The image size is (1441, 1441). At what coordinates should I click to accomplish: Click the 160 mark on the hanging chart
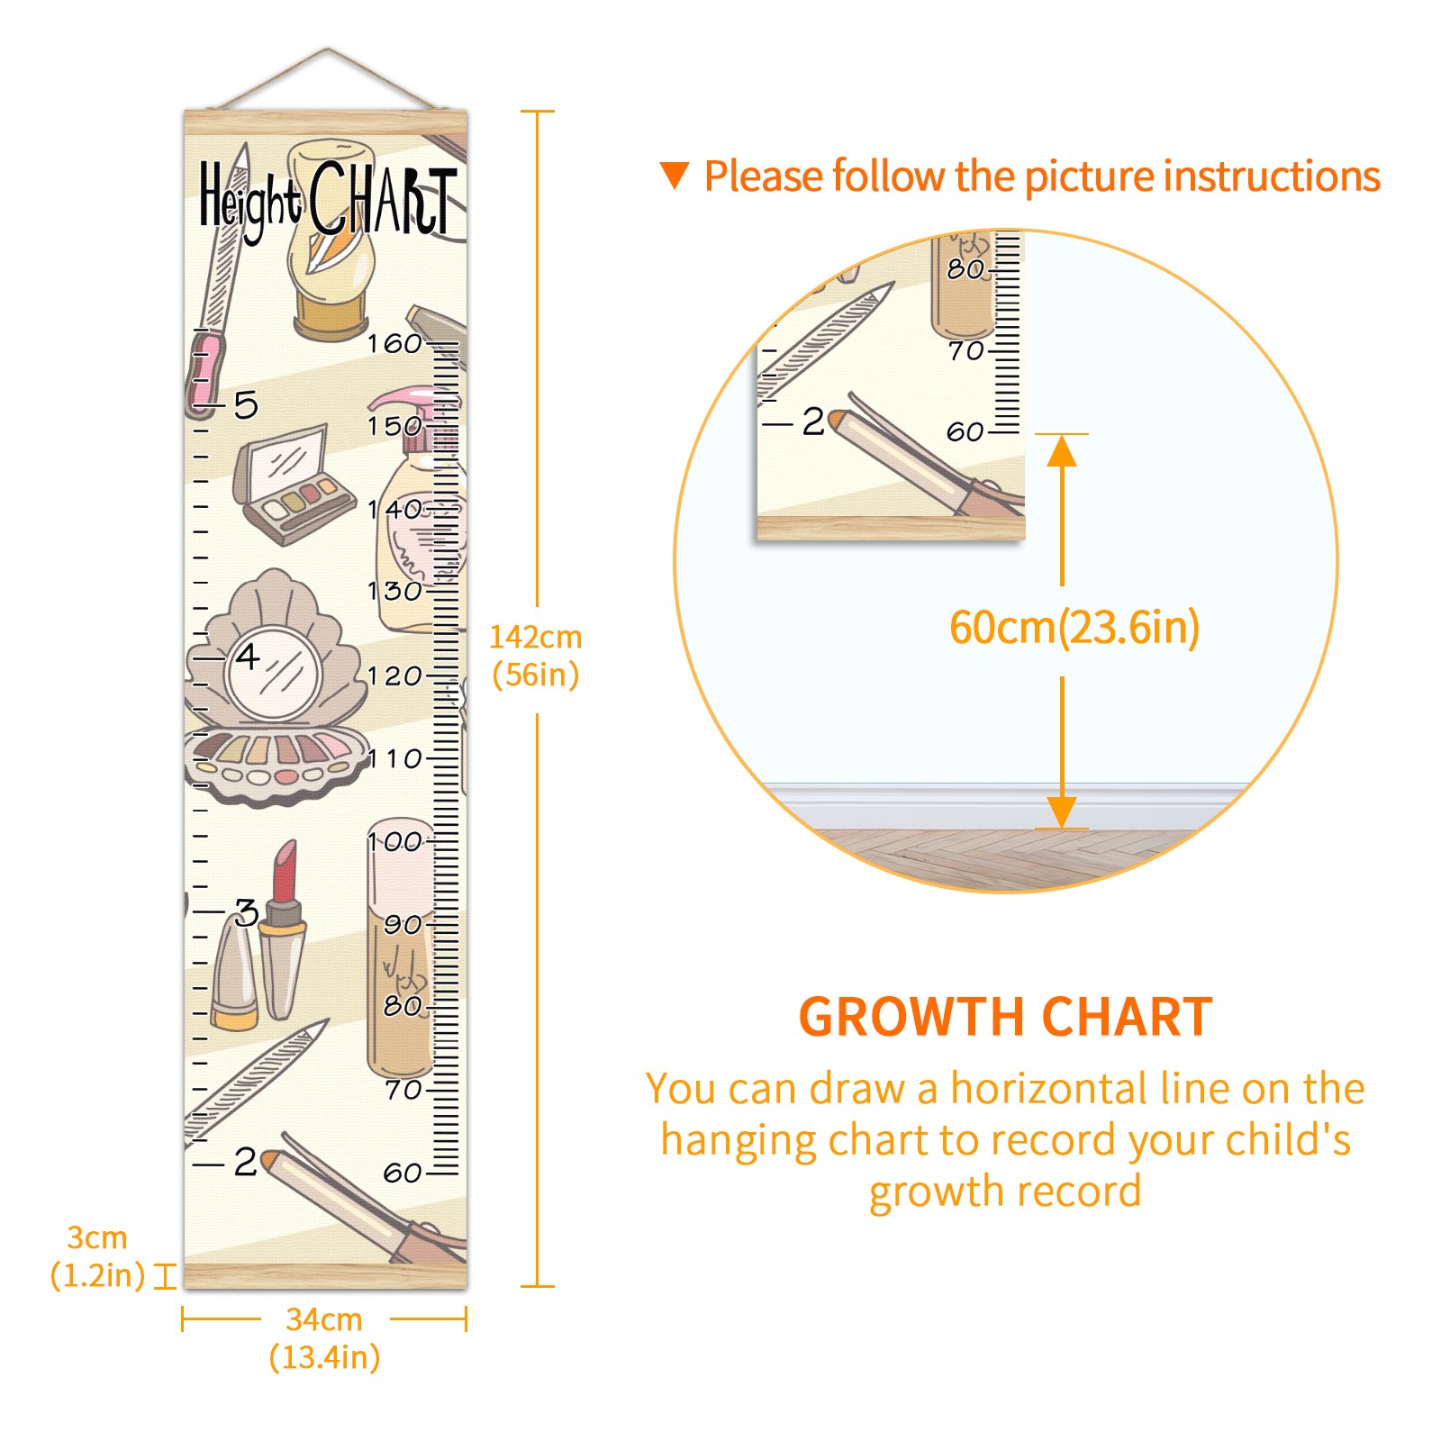[394, 343]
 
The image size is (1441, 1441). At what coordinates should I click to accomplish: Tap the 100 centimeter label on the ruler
[394, 842]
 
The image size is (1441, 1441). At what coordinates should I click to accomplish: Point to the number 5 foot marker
[246, 405]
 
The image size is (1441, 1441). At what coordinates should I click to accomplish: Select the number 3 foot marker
[247, 912]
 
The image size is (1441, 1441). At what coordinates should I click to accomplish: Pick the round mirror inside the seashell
[273, 674]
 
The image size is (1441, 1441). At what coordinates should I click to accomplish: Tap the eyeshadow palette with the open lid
[293, 485]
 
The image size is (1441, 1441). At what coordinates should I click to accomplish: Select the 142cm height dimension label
[536, 656]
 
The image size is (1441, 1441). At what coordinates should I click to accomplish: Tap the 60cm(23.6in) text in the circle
[1074, 628]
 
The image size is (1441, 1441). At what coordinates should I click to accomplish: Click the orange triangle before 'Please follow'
[675, 176]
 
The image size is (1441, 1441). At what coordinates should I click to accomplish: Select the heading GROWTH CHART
[1006, 1018]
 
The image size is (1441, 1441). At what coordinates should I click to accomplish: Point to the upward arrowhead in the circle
[1063, 450]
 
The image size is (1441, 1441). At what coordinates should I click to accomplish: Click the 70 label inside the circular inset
[966, 350]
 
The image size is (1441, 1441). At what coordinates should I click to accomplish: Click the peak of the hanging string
[328, 49]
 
